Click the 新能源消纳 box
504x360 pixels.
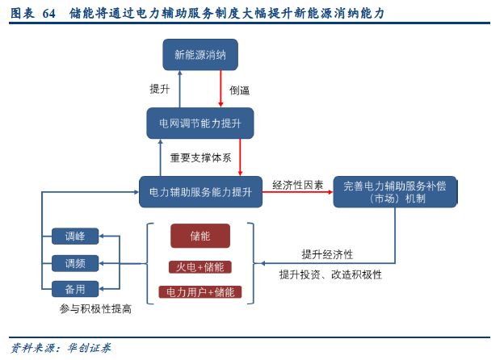tap(200, 55)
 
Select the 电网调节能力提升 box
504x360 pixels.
tap(200, 123)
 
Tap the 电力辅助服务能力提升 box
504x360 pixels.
tap(200, 192)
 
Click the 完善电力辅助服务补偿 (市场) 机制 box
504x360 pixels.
tap(395, 192)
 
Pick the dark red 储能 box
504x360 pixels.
tap(200, 237)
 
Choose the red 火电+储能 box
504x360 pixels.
tap(200, 267)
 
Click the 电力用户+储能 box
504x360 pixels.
tap(200, 292)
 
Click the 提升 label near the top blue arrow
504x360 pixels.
tap(159, 88)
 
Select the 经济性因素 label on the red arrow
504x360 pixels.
tap(298, 185)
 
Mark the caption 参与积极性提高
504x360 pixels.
tap(95, 309)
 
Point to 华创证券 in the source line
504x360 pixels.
tap(88, 348)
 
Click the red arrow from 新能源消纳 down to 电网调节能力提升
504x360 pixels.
tap(220, 89)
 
